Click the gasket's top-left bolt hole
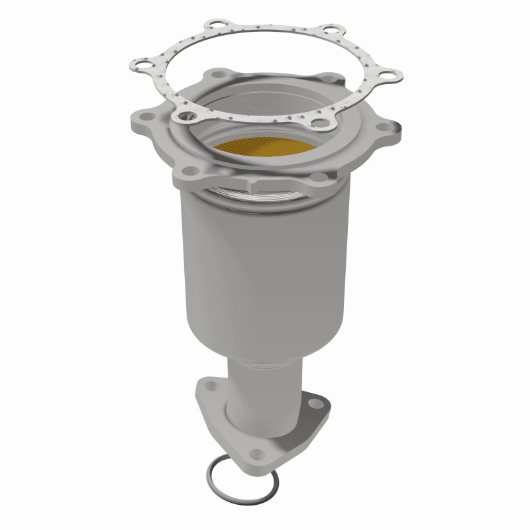coord(212,26)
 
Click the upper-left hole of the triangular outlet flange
coord(211,383)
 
